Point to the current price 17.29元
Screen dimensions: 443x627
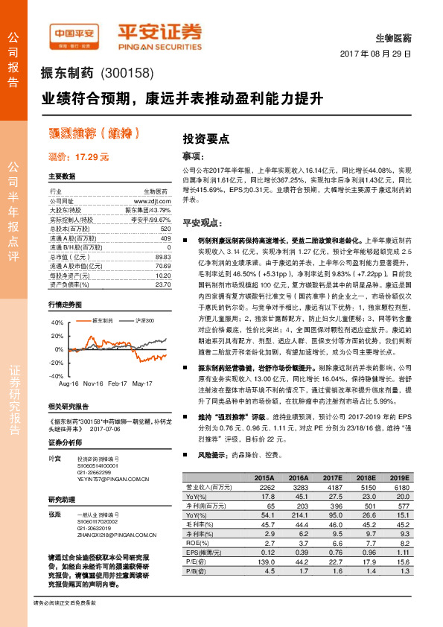78,156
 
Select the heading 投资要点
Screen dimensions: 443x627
205,139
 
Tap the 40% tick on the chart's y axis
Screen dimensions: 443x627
58,322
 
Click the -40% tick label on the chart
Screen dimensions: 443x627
57,377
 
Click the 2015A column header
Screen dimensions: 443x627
264,477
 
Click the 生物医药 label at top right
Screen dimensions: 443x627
394,37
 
